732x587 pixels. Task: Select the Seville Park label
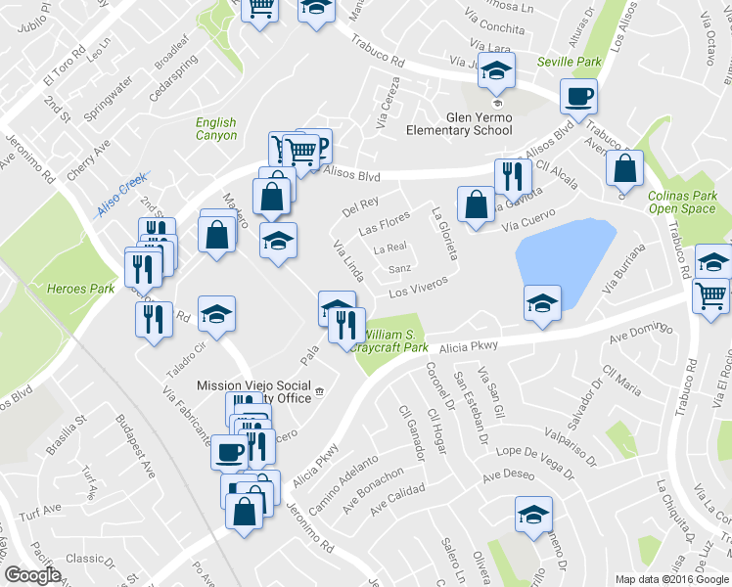(569, 62)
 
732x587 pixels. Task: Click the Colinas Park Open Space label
(682, 202)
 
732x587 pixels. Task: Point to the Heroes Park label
(80, 289)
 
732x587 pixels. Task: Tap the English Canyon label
(215, 129)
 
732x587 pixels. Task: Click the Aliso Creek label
(120, 196)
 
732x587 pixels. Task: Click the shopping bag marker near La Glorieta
(476, 206)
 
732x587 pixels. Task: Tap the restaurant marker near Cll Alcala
(512, 177)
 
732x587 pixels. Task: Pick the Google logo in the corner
(32, 574)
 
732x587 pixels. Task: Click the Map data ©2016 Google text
(672, 579)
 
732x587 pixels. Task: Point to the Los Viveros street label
(418, 287)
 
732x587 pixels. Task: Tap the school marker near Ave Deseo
(533, 515)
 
